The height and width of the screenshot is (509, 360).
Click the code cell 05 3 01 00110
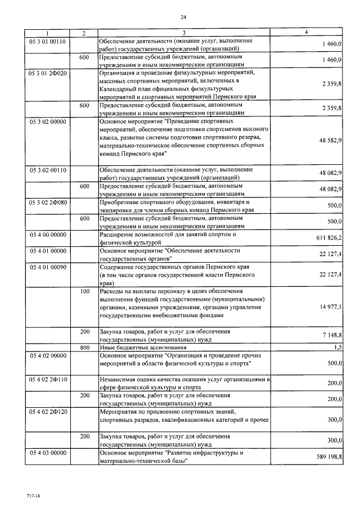tap(48, 42)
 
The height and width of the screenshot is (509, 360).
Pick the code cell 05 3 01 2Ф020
tap(48, 73)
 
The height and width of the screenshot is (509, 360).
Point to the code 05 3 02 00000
tap(48, 121)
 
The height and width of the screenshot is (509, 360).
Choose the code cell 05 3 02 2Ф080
tap(48, 201)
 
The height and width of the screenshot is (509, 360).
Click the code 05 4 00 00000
tap(48, 233)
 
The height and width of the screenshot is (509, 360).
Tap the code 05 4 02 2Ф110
tap(48, 380)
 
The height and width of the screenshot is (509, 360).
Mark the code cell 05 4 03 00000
tap(48, 453)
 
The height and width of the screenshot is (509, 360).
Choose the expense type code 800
tap(84, 348)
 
